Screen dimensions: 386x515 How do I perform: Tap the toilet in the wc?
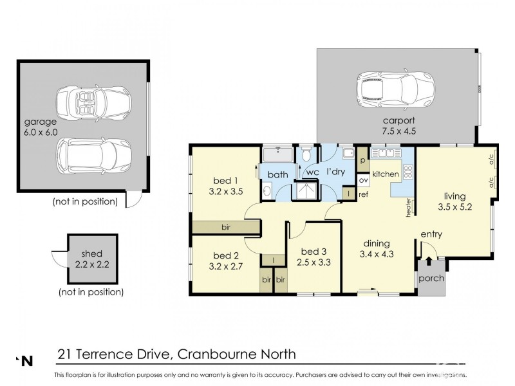(307, 154)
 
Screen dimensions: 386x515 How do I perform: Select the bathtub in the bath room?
(277, 156)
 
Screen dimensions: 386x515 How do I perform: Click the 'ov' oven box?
(362, 180)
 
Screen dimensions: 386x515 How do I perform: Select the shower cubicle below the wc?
(307, 190)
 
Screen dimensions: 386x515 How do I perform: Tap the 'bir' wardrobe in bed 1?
(225, 227)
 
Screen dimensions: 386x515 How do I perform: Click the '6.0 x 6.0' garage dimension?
(41, 133)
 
